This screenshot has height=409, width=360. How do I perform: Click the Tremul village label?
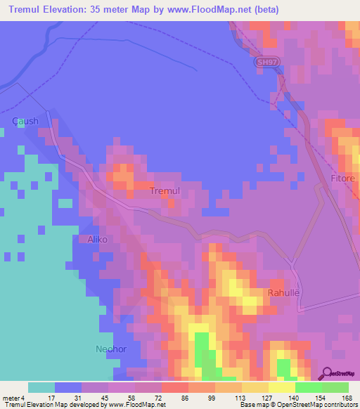(166, 191)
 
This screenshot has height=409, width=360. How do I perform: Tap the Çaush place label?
(25, 121)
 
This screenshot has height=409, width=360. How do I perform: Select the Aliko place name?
(97, 240)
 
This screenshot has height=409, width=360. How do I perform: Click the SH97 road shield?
(265, 63)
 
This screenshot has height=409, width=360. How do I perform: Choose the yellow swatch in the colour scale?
(281, 387)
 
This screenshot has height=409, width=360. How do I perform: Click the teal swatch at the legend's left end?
(41, 387)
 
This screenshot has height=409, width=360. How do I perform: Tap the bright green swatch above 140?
(308, 387)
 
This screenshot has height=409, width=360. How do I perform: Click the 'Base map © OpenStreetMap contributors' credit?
(297, 405)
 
